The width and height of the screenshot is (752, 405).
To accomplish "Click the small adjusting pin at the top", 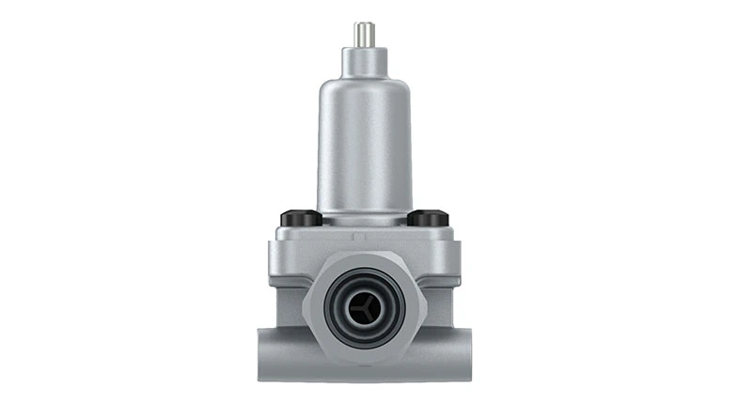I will (364, 34).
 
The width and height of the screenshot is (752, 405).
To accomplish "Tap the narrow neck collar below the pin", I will (364, 61).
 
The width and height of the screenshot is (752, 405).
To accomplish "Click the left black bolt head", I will (301, 218).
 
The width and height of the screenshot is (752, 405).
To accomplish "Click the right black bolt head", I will (428, 218).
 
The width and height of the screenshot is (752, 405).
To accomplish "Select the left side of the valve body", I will (287, 291).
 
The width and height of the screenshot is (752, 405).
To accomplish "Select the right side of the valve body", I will (442, 291).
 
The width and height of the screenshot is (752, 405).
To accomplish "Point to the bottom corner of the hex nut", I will (365, 363).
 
